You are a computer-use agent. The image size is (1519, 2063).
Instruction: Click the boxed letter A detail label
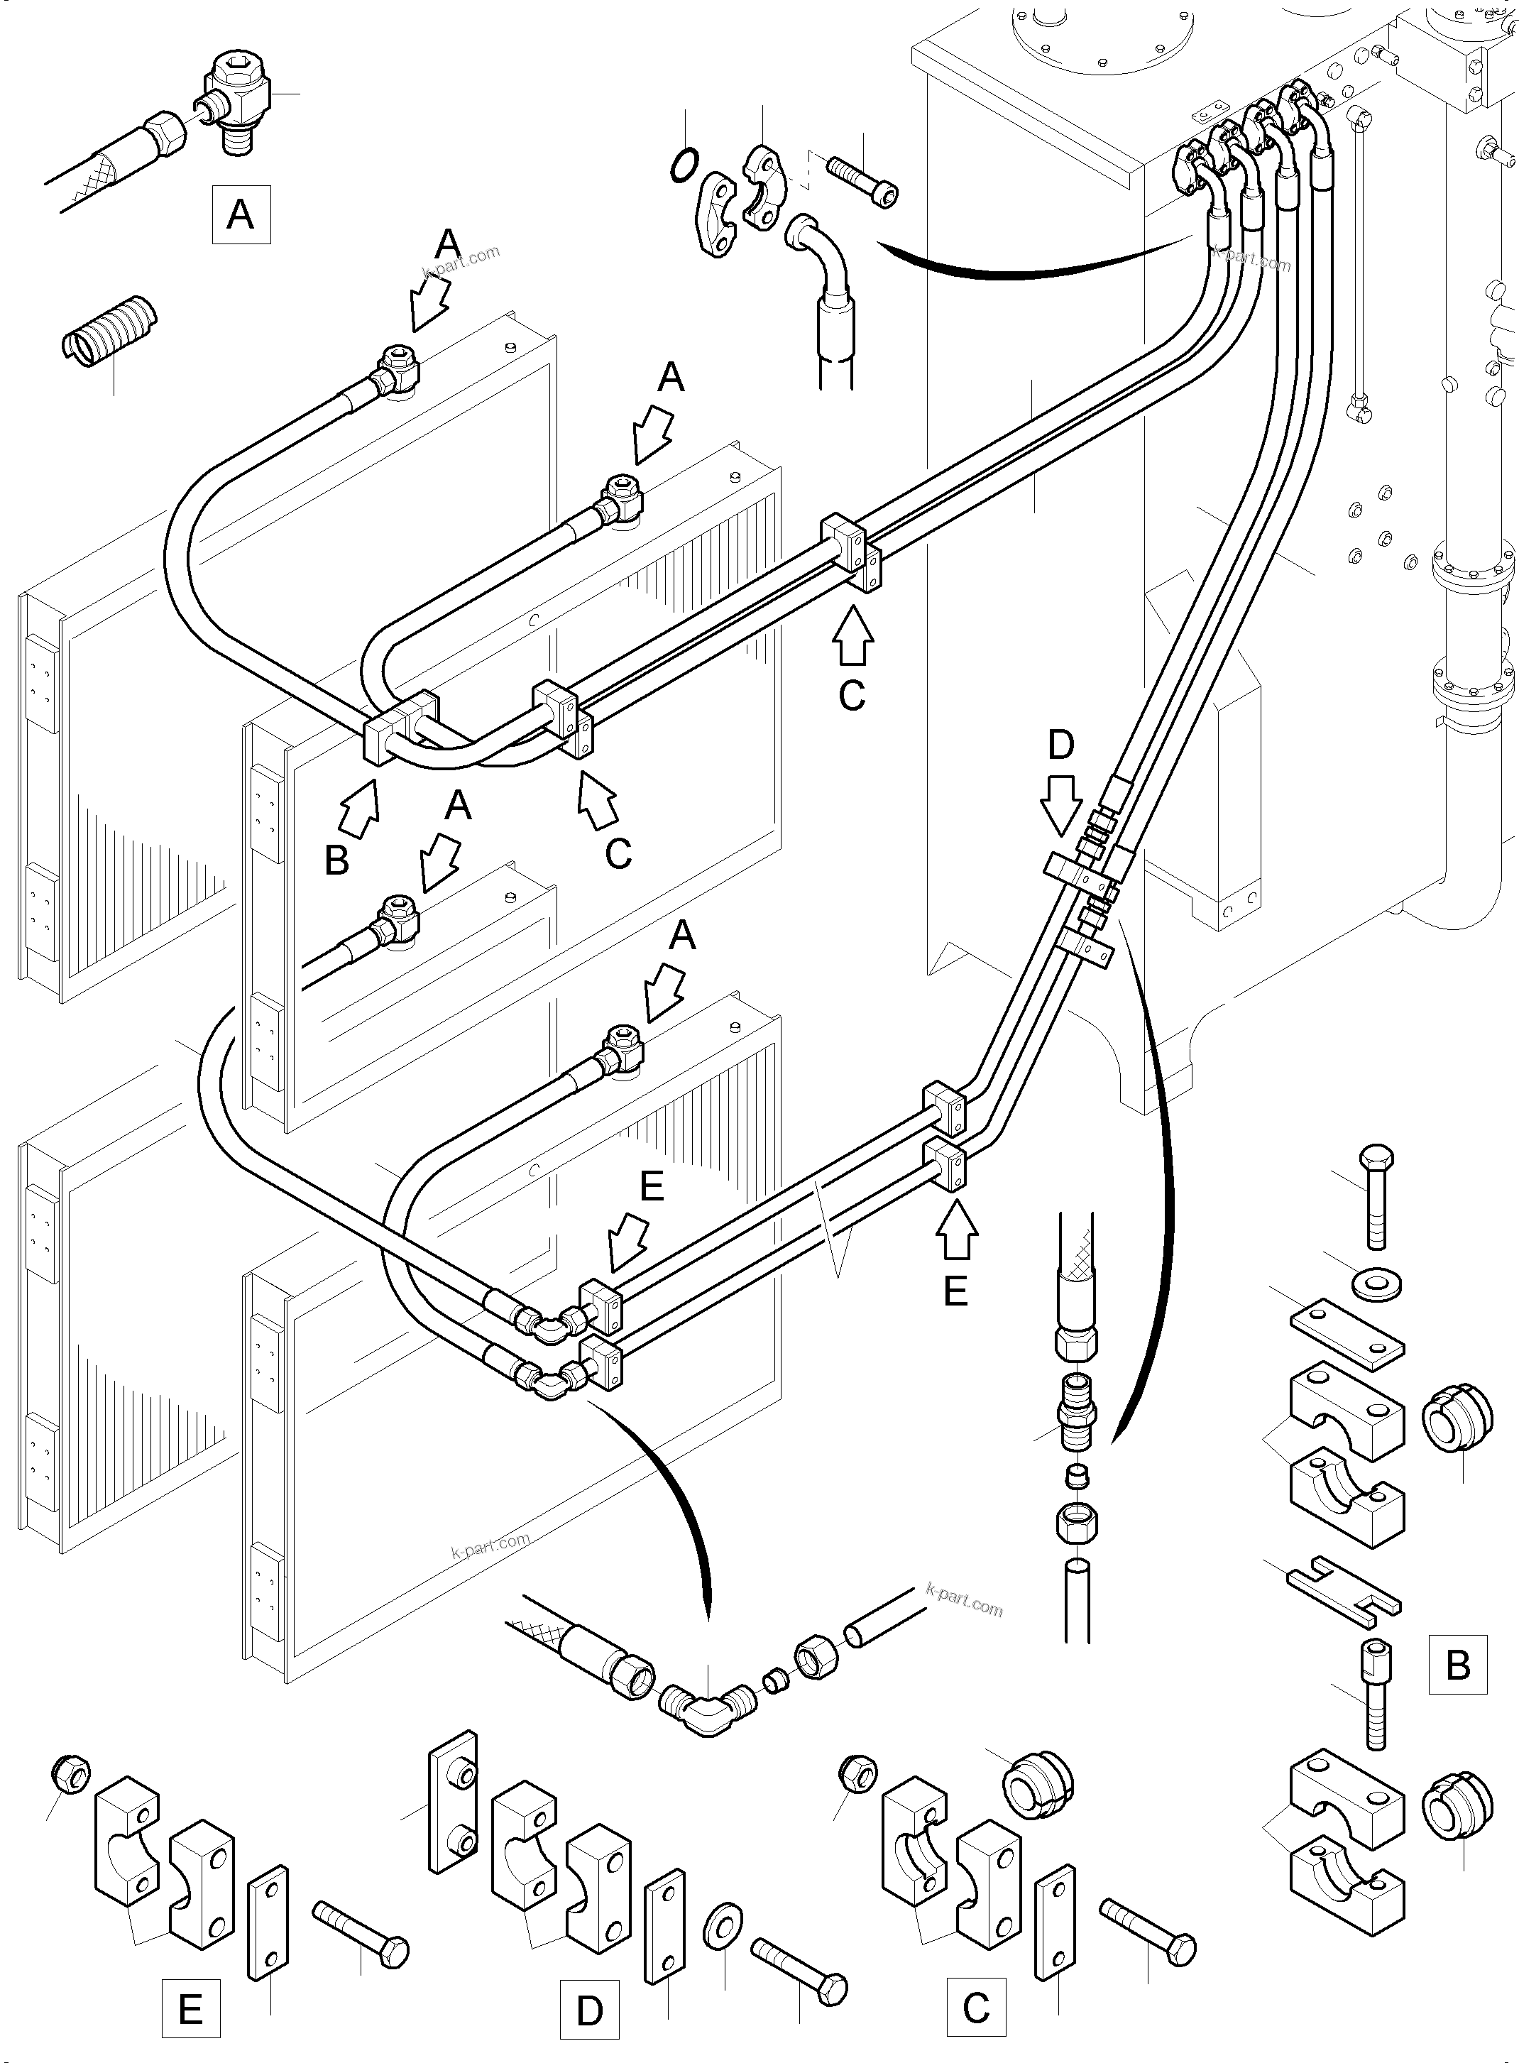[241, 214]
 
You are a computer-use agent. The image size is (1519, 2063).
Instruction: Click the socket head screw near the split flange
[862, 180]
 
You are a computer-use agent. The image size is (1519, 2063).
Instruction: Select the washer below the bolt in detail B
[1376, 1285]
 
